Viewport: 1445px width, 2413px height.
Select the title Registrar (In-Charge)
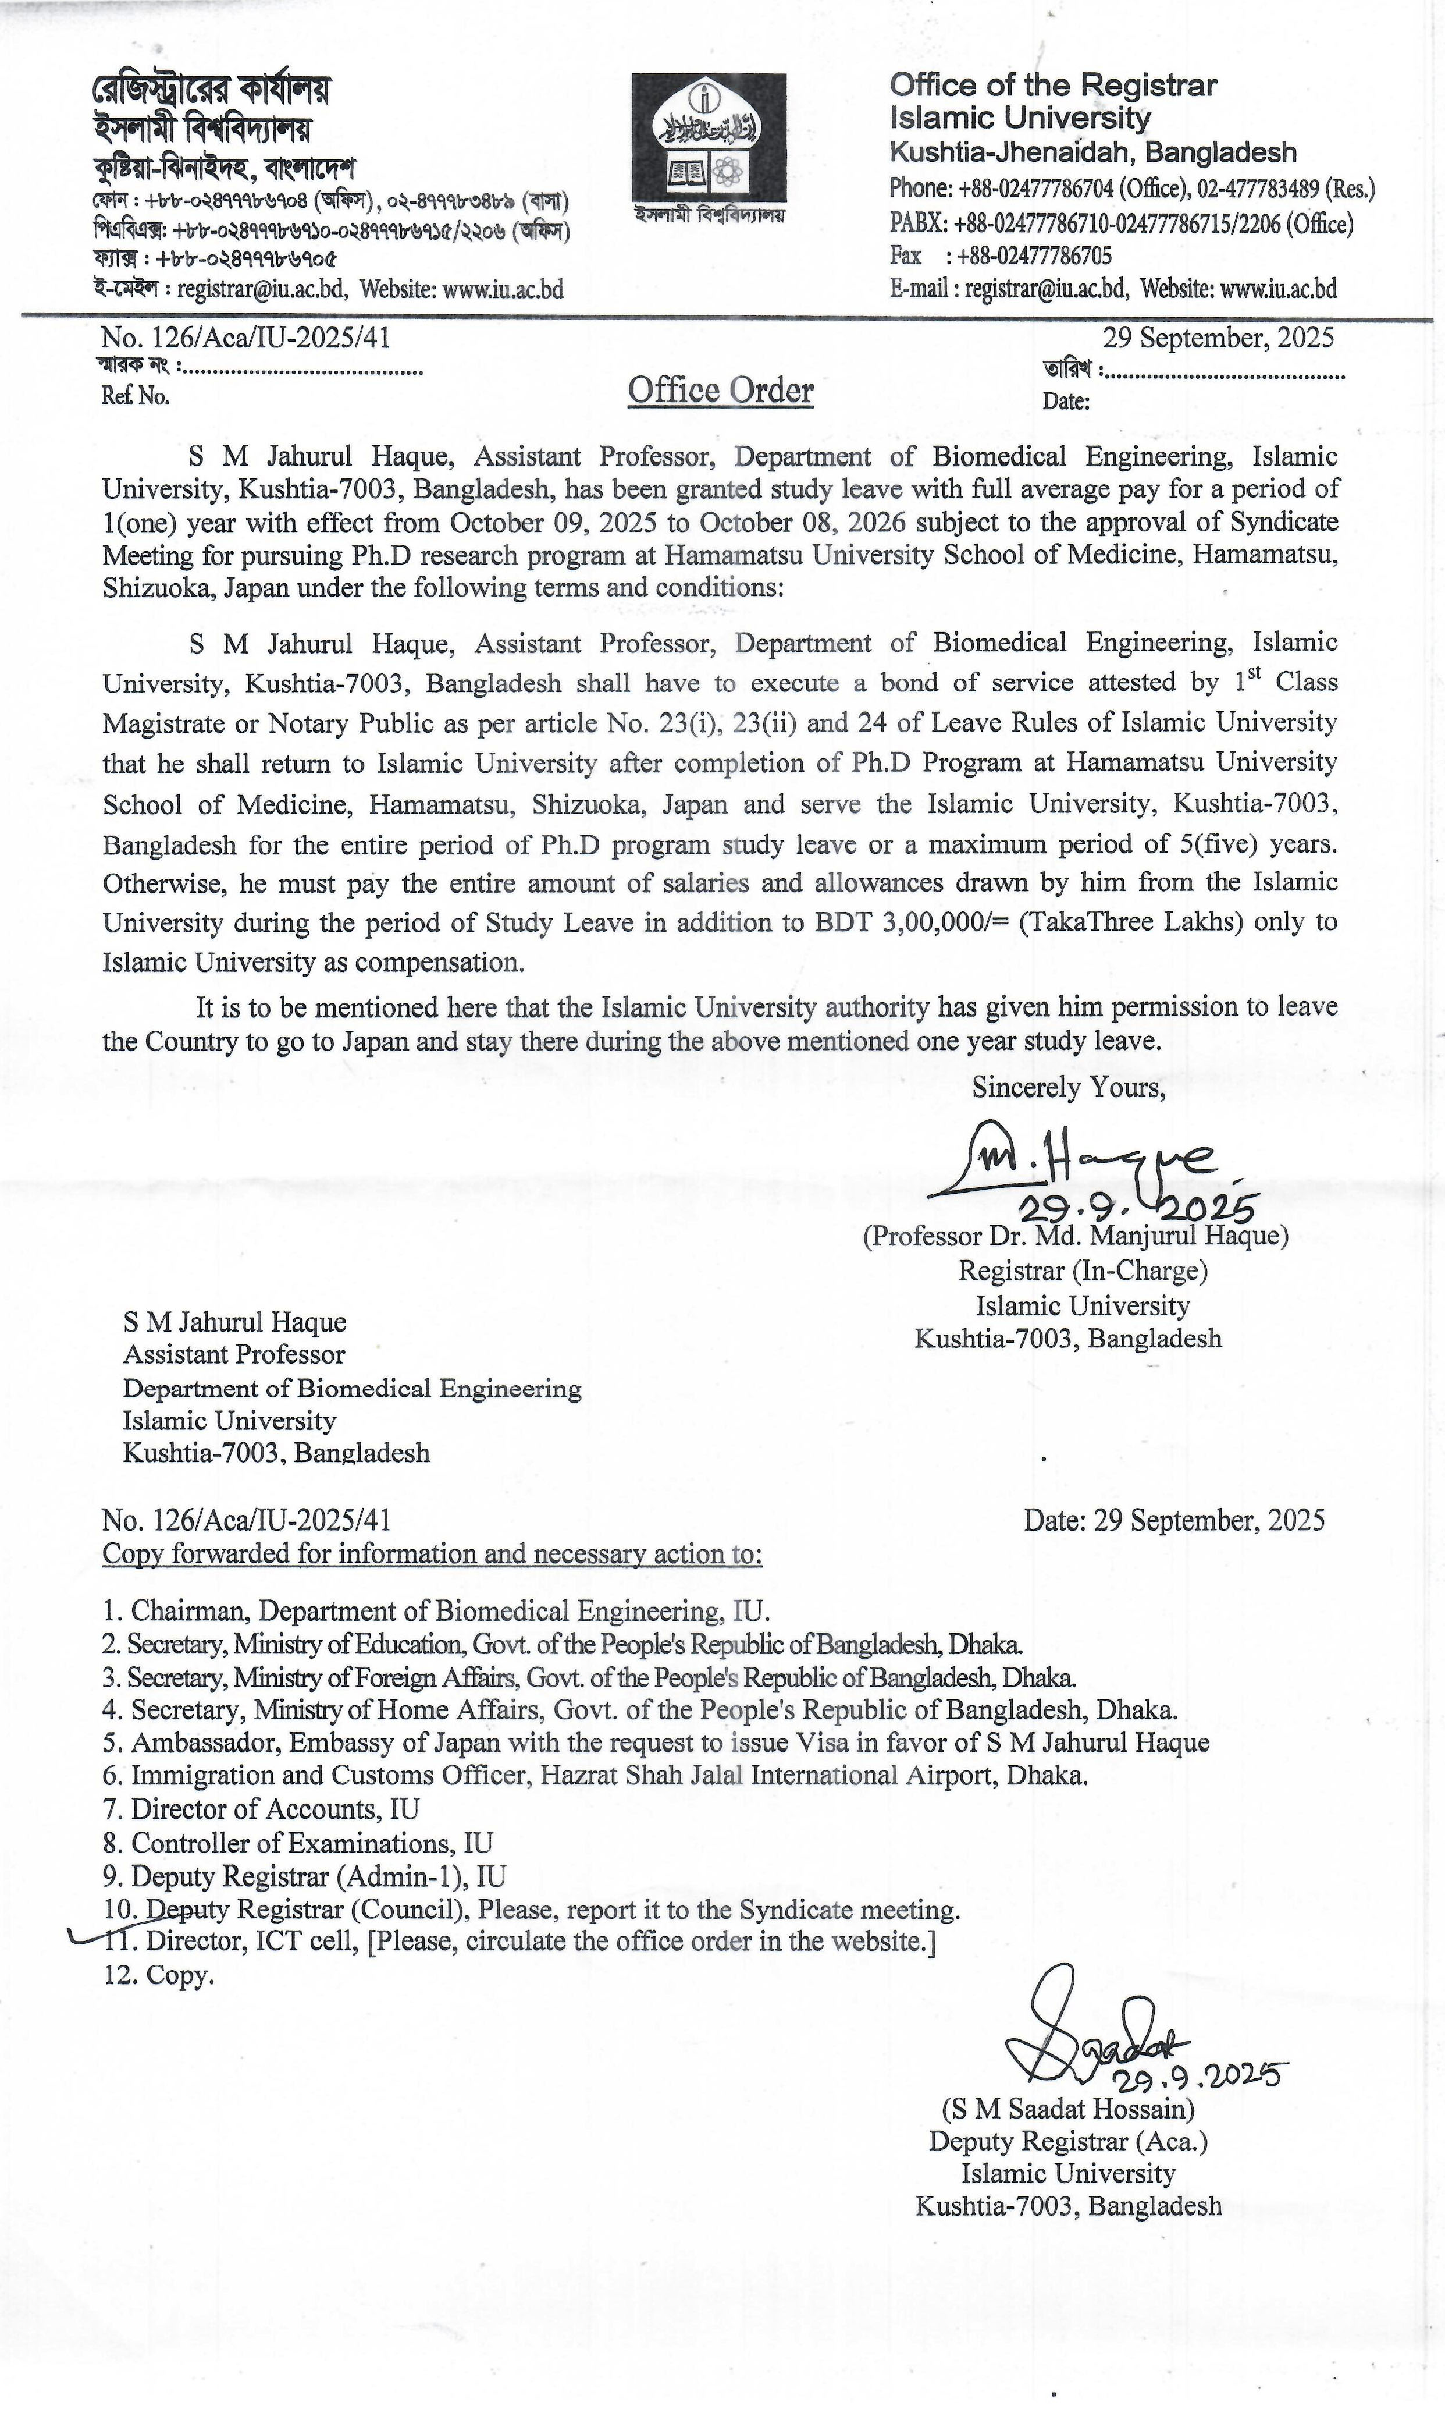click(x=1083, y=1271)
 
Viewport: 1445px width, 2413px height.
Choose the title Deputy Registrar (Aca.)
click(x=1067, y=2141)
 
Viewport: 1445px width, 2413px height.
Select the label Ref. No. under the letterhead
click(x=136, y=396)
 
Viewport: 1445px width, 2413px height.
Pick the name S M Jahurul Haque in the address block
click(x=234, y=1322)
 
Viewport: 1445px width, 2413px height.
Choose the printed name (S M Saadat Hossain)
click(x=1067, y=2109)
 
